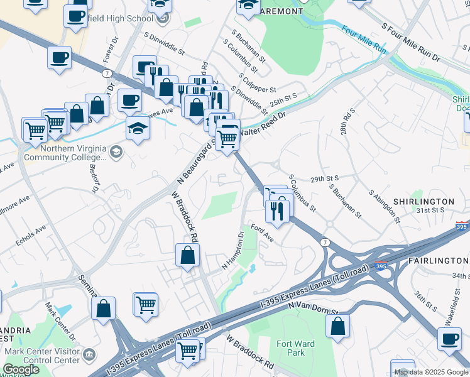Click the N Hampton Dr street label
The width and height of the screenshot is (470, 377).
[x=232, y=251]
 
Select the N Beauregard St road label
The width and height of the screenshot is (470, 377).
[x=200, y=160]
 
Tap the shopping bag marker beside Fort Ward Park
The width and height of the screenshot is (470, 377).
[x=338, y=325]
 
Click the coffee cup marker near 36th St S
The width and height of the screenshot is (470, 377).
[x=449, y=339]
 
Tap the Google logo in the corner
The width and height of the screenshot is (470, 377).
[x=21, y=369]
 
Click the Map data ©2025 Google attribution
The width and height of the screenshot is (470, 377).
[x=430, y=372]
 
